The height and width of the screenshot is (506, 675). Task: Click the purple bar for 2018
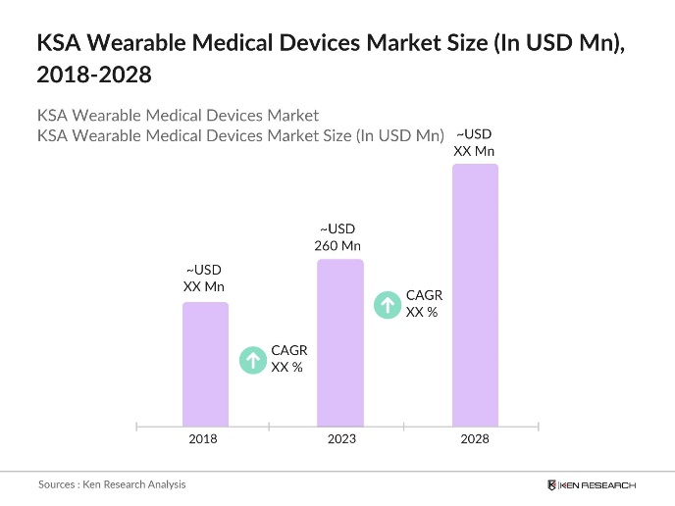coord(205,364)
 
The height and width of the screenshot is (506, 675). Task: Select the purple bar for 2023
coord(340,342)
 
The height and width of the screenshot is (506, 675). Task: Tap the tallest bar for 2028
coord(475,294)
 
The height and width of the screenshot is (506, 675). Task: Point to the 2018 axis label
coord(203,439)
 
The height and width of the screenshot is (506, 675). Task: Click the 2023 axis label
coord(341,439)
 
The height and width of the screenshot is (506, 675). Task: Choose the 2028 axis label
coord(475,439)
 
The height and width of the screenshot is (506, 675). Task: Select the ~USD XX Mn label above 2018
coord(204,278)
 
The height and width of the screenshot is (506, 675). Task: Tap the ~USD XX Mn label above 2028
coord(474,142)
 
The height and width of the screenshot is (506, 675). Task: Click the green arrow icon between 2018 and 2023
coord(253,360)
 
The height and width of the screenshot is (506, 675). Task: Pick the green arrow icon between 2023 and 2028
coord(389,304)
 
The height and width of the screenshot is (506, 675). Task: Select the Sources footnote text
coord(112,484)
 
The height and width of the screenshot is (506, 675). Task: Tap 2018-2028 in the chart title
coord(94,75)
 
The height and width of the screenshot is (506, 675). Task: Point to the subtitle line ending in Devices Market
coord(178,116)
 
